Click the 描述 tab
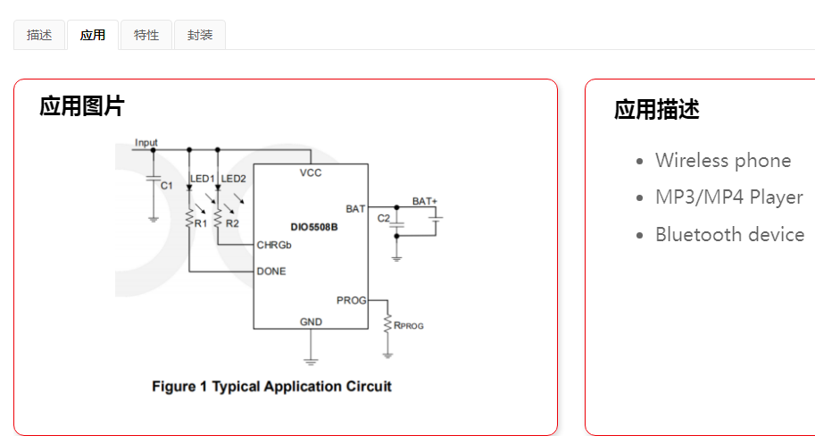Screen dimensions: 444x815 point(39,36)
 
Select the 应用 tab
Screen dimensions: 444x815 point(93,36)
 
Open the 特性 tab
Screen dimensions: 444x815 point(146,36)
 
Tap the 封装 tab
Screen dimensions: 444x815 point(200,36)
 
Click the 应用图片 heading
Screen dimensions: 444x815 point(81,107)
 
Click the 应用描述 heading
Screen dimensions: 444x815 point(656,110)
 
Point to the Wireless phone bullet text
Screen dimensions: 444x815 point(723,161)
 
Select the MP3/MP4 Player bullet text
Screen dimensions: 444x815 point(728,197)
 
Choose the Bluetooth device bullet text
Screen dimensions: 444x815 point(729,234)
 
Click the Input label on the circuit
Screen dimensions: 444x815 point(146,143)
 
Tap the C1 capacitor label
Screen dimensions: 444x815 point(167,185)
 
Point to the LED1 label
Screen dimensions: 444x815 point(203,179)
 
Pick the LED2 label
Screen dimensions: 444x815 point(234,179)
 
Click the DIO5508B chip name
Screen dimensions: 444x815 point(313,227)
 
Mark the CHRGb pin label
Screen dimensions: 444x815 point(274,245)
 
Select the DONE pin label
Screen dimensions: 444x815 point(271,271)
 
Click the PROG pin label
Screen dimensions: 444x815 point(351,300)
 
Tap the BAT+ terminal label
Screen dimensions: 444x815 point(424,201)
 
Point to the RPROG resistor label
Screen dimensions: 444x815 point(409,325)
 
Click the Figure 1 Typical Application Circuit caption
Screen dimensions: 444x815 point(271,386)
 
